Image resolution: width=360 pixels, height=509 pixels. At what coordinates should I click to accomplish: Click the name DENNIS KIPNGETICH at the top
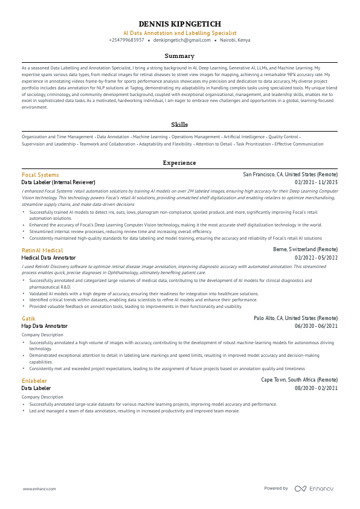(x=179, y=24)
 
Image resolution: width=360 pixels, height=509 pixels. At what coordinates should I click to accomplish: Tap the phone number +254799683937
(x=126, y=40)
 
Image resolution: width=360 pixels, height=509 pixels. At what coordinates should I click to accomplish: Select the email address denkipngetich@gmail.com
(x=177, y=40)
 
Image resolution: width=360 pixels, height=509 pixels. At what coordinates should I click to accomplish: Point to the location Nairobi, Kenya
(x=235, y=40)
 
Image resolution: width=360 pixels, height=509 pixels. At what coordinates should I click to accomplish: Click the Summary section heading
(x=179, y=56)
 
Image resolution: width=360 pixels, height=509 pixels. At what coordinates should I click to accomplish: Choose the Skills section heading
(x=179, y=124)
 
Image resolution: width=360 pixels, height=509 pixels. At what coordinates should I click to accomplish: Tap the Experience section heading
(x=179, y=163)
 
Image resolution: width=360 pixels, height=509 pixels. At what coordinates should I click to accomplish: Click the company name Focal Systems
(x=40, y=174)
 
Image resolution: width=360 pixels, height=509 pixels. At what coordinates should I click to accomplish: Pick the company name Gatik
(x=28, y=318)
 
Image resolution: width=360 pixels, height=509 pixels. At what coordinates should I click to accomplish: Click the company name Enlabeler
(x=34, y=380)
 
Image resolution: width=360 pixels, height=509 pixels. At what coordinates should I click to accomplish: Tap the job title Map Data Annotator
(x=44, y=326)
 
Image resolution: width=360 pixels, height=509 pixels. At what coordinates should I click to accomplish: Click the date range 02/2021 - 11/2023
(x=316, y=182)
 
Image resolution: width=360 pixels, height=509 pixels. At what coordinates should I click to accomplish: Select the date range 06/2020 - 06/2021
(x=316, y=326)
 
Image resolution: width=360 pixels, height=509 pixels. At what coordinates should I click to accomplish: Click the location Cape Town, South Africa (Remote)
(x=299, y=380)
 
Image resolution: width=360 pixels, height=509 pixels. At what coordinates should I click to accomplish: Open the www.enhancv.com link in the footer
(x=39, y=488)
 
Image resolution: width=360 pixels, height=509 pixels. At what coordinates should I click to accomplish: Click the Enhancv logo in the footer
(x=313, y=488)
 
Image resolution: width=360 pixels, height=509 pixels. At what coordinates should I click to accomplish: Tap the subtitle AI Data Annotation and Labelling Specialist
(x=179, y=33)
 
